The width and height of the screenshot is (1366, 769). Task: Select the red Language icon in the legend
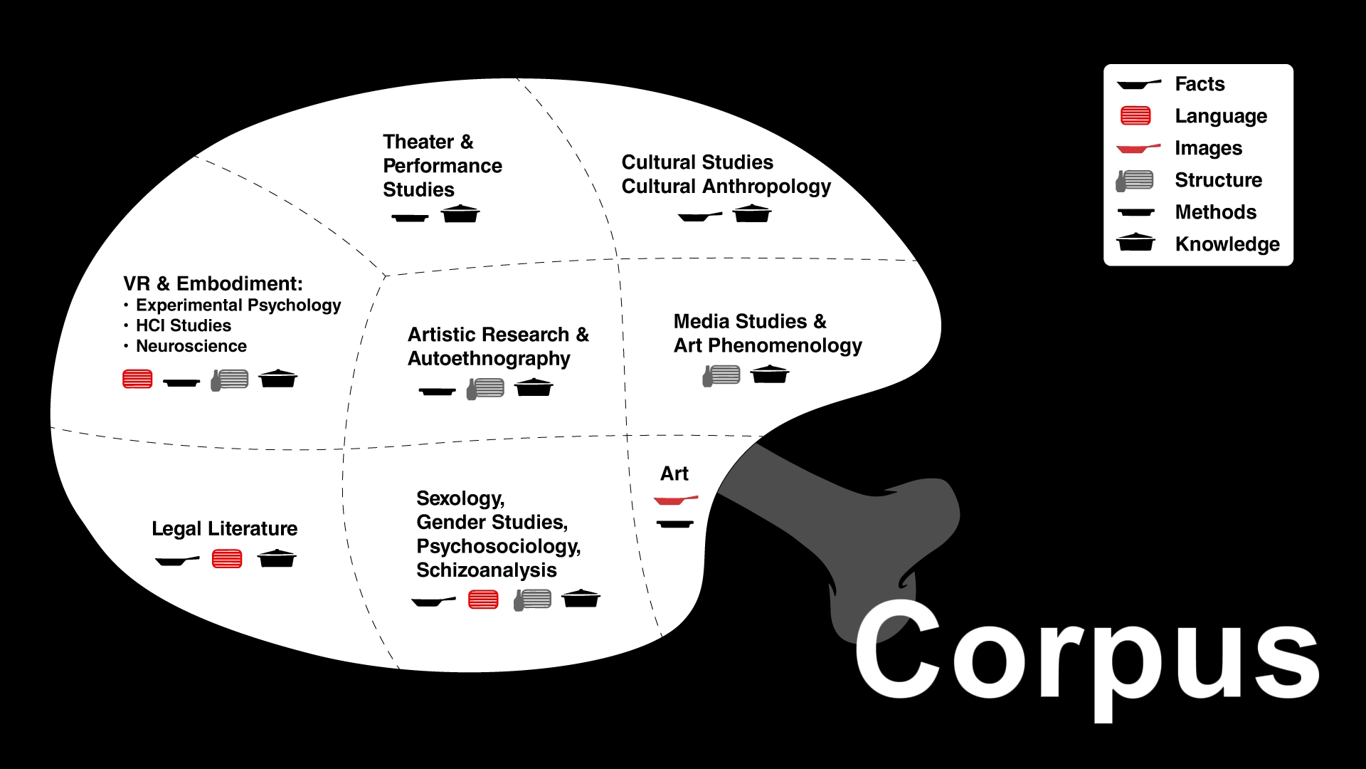pyautogui.click(x=1135, y=115)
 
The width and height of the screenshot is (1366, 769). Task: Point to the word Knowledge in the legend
pyautogui.click(x=1227, y=244)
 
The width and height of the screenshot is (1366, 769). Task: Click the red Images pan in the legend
pyautogui.click(x=1137, y=148)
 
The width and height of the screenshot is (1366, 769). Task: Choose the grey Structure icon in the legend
pyautogui.click(x=1135, y=180)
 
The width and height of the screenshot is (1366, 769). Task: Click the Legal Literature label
pyautogui.click(x=224, y=528)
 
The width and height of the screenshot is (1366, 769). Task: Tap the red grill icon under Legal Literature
pyautogui.click(x=227, y=559)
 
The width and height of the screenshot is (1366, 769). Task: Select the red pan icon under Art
pyautogui.click(x=674, y=500)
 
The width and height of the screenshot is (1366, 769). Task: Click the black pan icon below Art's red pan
pyautogui.click(x=674, y=524)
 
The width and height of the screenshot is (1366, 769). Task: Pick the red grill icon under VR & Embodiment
pyautogui.click(x=137, y=379)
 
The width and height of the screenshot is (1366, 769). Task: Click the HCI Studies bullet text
pyautogui.click(x=184, y=325)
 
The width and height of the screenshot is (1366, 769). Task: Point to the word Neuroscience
pyautogui.click(x=191, y=346)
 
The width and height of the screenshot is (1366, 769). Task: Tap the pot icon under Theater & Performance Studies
pyautogui.click(x=460, y=214)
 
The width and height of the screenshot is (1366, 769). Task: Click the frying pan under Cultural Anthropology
pyautogui.click(x=699, y=216)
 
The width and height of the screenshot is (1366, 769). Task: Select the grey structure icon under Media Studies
pyautogui.click(x=721, y=375)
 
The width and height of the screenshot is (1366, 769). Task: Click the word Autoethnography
pyautogui.click(x=489, y=358)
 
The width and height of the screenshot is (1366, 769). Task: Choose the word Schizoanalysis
pyautogui.click(x=486, y=570)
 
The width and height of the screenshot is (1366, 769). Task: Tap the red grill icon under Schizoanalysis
pyautogui.click(x=483, y=600)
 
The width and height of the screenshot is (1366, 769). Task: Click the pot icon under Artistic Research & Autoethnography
pyautogui.click(x=534, y=387)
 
